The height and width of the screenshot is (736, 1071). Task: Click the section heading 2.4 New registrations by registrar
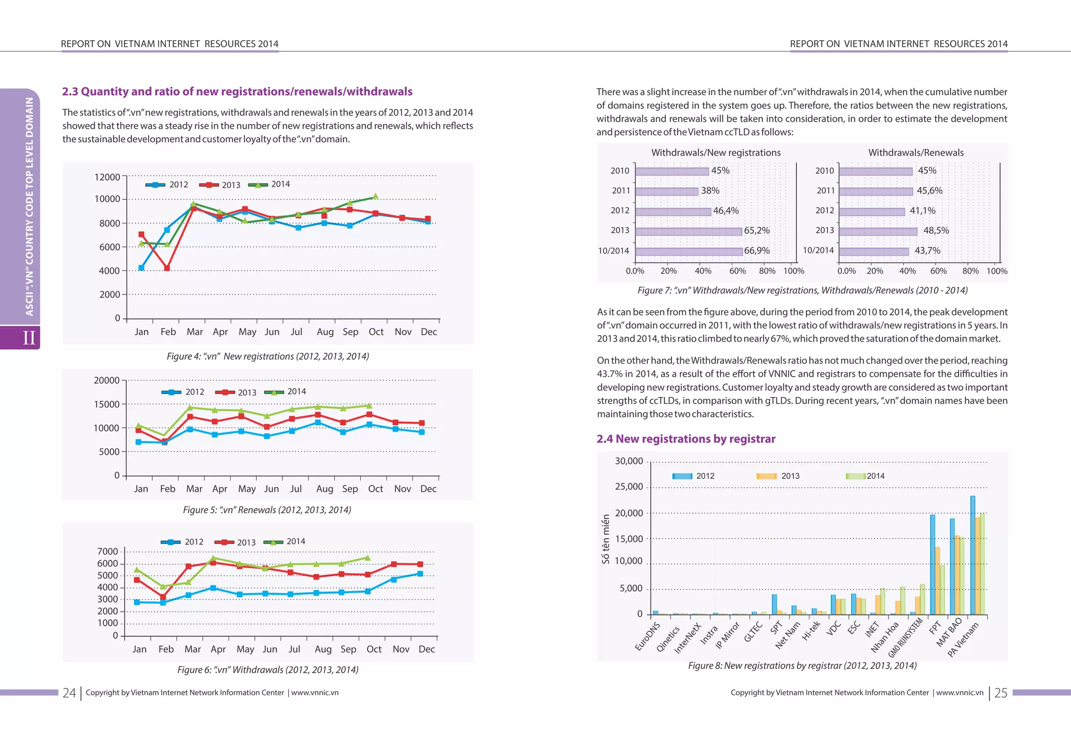(x=686, y=439)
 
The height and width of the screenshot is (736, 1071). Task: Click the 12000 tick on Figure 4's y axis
(x=107, y=177)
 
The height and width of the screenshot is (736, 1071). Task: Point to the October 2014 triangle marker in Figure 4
(x=375, y=197)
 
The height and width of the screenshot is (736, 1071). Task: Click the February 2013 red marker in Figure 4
(x=167, y=268)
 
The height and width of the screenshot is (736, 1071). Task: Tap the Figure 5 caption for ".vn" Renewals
(x=267, y=509)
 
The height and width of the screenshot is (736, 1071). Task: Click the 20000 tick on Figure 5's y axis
(x=107, y=380)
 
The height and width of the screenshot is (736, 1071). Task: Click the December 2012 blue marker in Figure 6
(x=420, y=573)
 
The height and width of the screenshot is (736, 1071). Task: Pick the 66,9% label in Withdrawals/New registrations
(x=757, y=251)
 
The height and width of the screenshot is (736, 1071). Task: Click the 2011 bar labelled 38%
(x=666, y=191)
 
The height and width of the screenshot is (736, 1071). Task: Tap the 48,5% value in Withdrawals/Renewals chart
(x=936, y=231)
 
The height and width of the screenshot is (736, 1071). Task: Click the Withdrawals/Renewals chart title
(x=916, y=153)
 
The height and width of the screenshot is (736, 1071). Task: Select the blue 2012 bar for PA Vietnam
(x=973, y=554)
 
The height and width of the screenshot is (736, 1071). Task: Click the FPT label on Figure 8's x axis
(x=935, y=627)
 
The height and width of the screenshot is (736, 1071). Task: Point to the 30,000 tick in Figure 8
(x=629, y=461)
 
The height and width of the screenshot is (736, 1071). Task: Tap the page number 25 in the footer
(x=1000, y=693)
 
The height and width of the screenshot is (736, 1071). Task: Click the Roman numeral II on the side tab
(x=29, y=338)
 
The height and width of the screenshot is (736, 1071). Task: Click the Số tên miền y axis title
(x=606, y=538)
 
